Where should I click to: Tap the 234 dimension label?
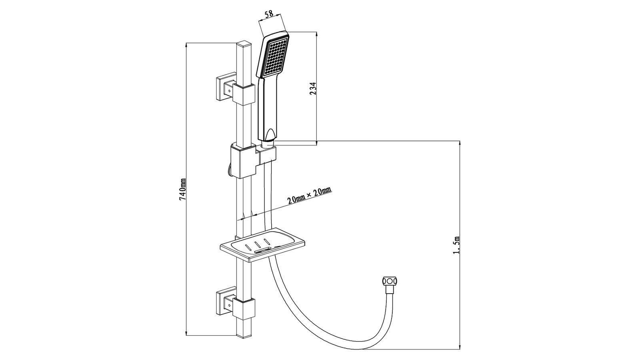314,89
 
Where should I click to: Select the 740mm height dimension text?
182,190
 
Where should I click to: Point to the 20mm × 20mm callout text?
310,196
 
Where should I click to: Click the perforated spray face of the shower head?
274,58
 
